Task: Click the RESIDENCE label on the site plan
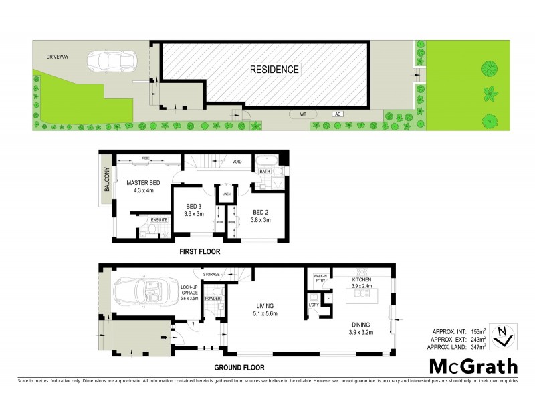click(275, 69)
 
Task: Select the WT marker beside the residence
click(303, 114)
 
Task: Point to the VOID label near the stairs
click(237, 162)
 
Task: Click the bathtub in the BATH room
click(263, 161)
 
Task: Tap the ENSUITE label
click(159, 219)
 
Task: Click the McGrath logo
click(473, 366)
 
